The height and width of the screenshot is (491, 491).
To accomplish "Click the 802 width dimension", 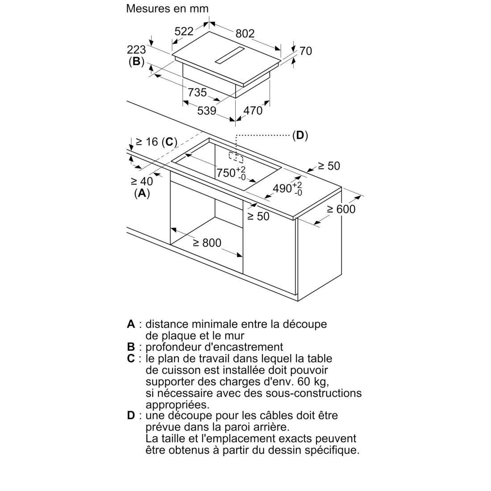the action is click(x=245, y=33).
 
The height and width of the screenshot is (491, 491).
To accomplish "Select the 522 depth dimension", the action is click(x=184, y=31).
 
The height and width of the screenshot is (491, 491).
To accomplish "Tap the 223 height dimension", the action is click(x=136, y=50).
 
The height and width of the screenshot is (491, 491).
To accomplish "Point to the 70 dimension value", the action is click(x=306, y=51).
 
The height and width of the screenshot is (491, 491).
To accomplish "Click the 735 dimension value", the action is click(x=197, y=92).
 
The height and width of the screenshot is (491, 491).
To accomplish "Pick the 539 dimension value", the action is click(x=207, y=111).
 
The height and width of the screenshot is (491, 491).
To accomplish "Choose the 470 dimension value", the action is click(x=253, y=111).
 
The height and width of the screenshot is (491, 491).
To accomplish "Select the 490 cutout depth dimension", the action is click(x=287, y=188).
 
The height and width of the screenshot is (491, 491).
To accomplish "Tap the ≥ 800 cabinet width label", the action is click(x=207, y=243).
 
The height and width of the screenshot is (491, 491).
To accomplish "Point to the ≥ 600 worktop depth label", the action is click(x=341, y=209).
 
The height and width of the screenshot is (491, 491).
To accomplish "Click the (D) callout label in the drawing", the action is click(x=300, y=135).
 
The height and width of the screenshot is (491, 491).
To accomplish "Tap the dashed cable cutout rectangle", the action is click(x=236, y=158).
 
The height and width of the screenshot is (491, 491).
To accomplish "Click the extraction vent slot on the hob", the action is click(x=229, y=55).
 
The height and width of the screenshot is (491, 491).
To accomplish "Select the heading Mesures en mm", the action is click(x=167, y=8).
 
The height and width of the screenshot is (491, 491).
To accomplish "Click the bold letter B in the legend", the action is click(x=131, y=347).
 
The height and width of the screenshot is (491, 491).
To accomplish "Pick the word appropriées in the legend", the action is click(x=177, y=405).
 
